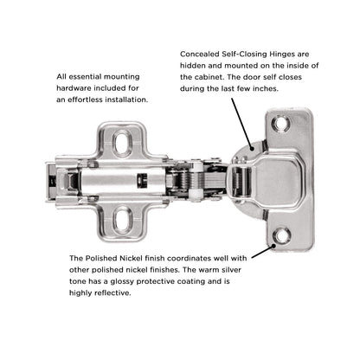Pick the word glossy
click(124, 282)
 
